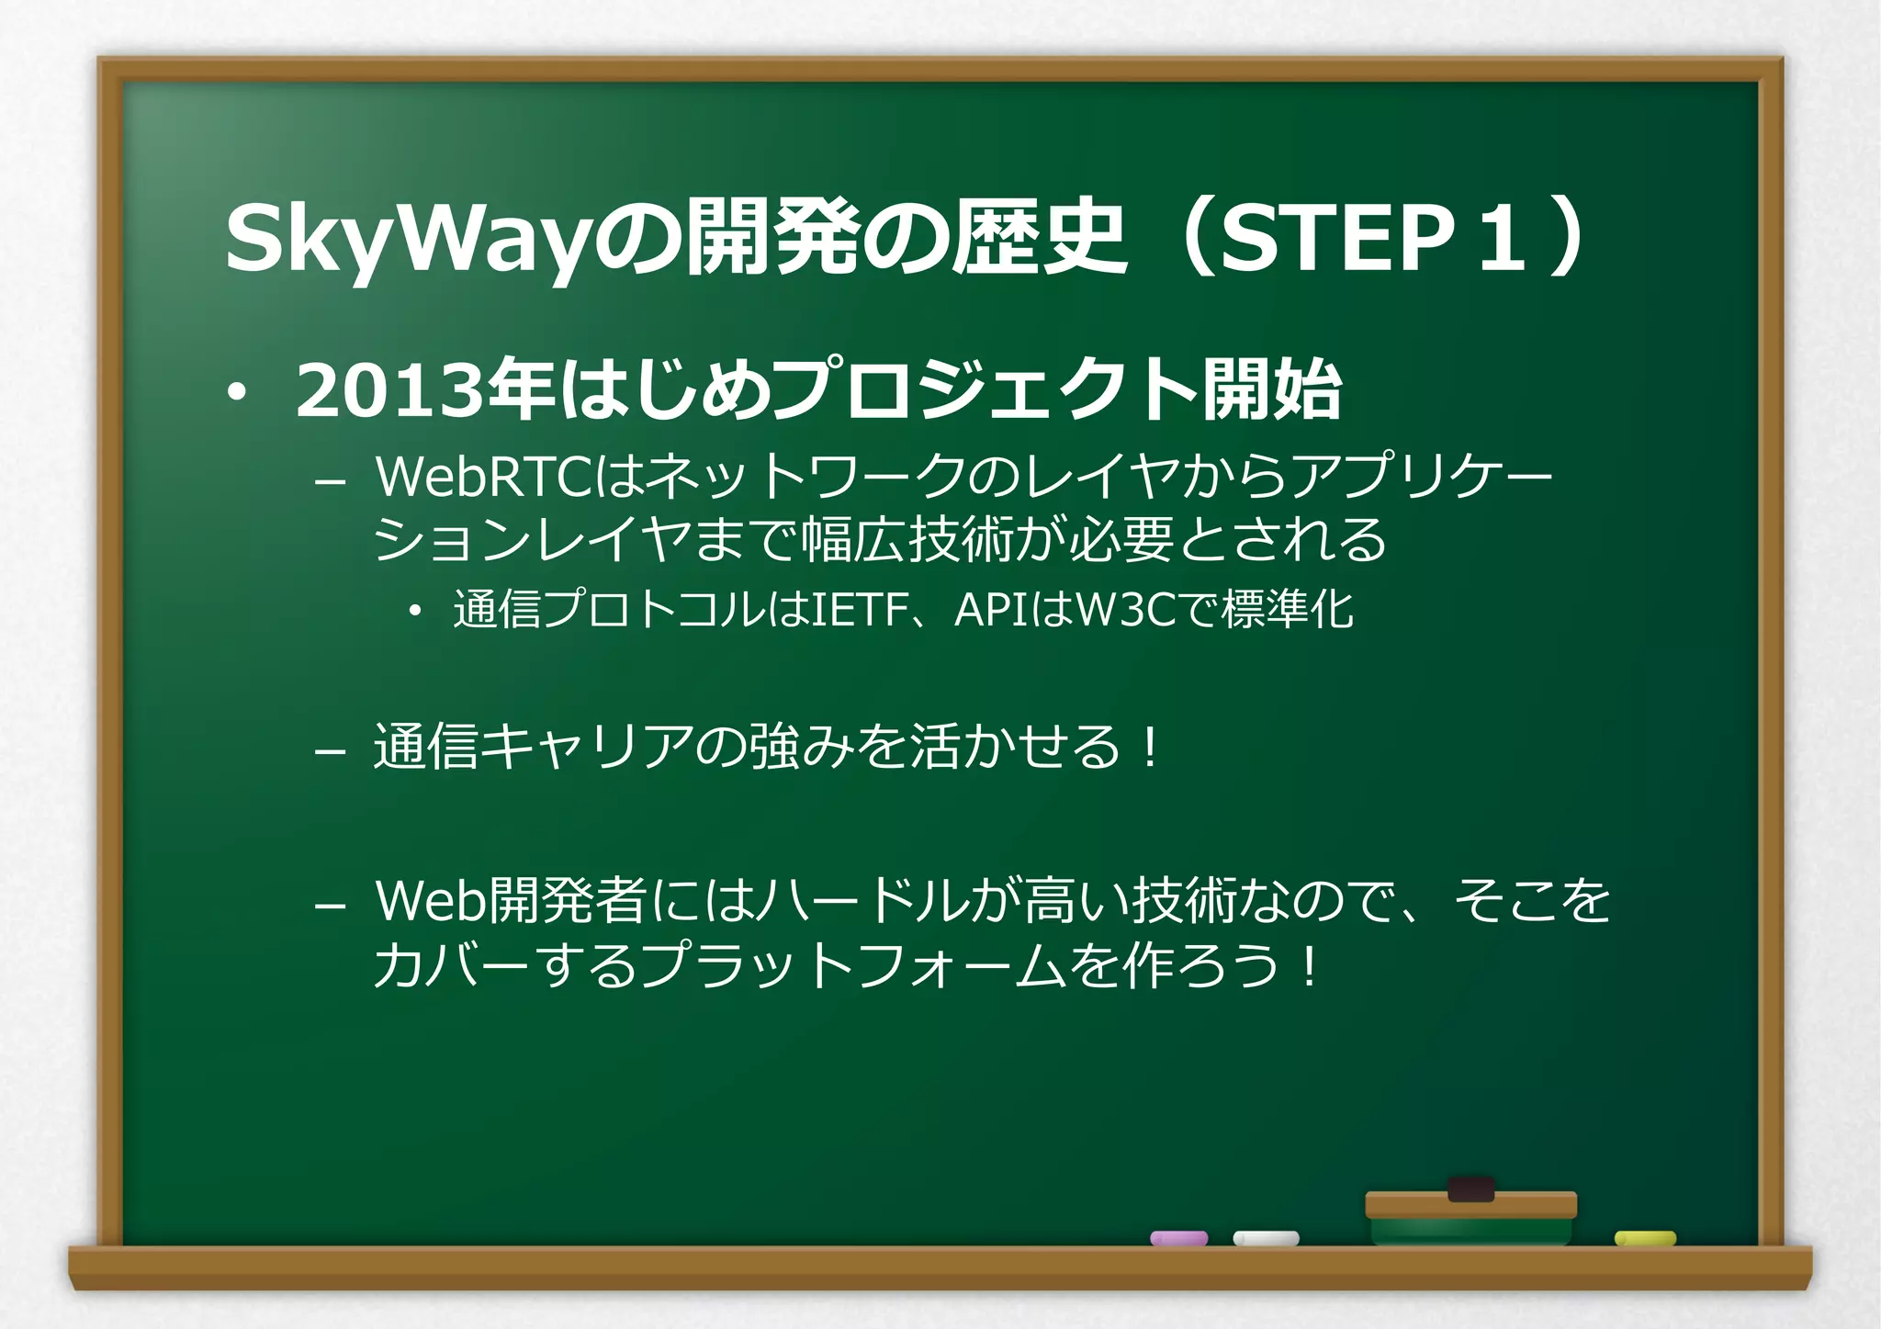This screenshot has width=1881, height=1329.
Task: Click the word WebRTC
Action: [484, 477]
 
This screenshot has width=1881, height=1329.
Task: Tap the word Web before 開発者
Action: [430, 900]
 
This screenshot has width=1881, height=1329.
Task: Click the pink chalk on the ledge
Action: [1179, 1238]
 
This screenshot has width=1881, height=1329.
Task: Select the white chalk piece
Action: [1266, 1238]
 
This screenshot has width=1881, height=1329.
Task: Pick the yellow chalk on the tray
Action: [1645, 1238]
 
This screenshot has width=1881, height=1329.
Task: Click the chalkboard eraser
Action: [1470, 1212]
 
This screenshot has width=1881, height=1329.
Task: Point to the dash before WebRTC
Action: [329, 481]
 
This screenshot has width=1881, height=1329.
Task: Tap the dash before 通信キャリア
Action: [329, 751]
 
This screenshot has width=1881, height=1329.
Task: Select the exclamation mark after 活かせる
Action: [1149, 747]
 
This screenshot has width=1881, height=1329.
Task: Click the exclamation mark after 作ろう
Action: [1309, 967]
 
